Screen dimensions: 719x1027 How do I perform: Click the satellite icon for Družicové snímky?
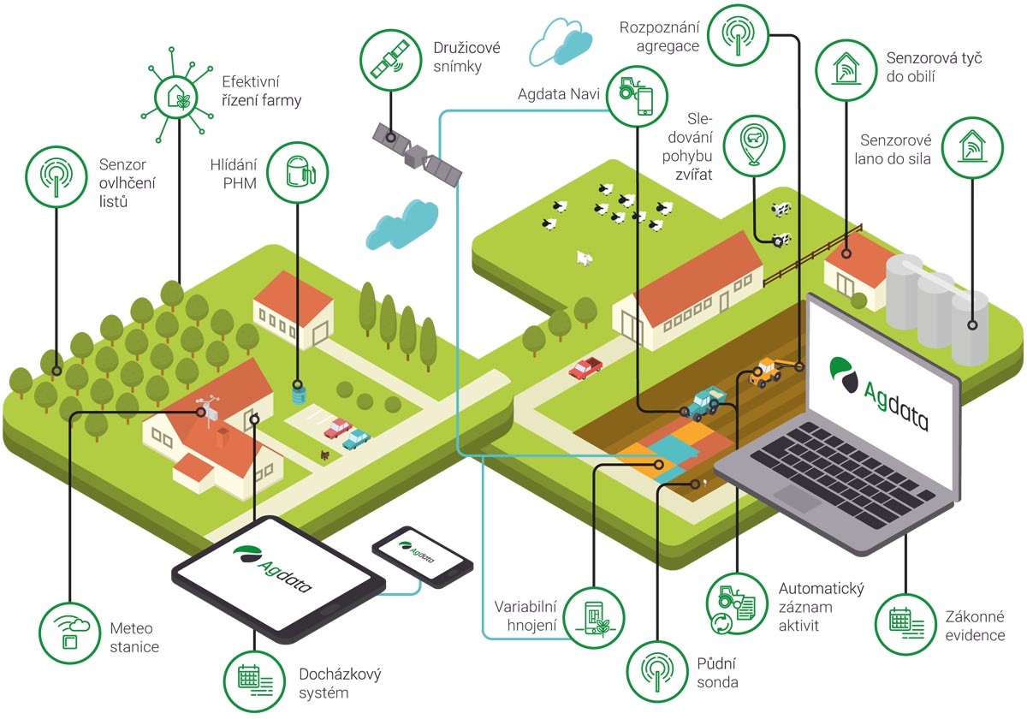tap(389, 58)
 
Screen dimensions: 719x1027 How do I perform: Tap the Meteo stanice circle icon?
tap(70, 634)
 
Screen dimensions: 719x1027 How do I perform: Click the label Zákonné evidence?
tap(975, 626)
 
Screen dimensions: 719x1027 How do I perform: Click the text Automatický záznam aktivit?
tap(821, 607)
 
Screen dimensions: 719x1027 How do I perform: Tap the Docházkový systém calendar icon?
tap(254, 679)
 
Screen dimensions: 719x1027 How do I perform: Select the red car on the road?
tap(586, 368)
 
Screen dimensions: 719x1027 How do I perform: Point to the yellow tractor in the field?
tap(766, 371)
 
